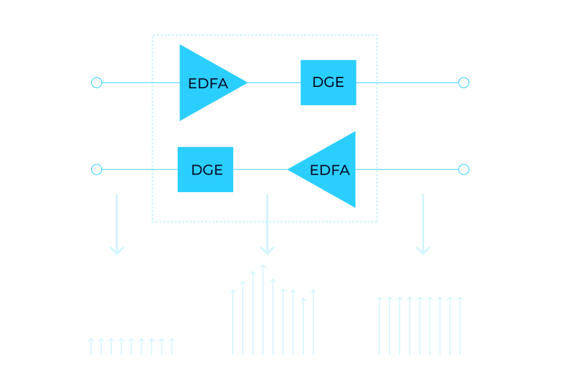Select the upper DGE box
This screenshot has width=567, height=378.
(x=328, y=82)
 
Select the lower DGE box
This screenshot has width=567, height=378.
(x=206, y=169)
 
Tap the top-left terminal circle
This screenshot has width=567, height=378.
(x=96, y=83)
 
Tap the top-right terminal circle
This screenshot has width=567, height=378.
(x=464, y=83)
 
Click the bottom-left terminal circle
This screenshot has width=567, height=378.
(x=96, y=169)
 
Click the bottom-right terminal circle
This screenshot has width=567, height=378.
(x=464, y=169)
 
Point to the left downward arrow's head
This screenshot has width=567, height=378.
(x=117, y=251)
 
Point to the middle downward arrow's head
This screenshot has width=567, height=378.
(x=267, y=251)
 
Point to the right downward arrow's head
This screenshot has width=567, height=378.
(x=423, y=251)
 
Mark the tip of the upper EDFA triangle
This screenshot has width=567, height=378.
(x=246, y=83)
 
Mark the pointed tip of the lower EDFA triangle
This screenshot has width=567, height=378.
(x=289, y=169)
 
